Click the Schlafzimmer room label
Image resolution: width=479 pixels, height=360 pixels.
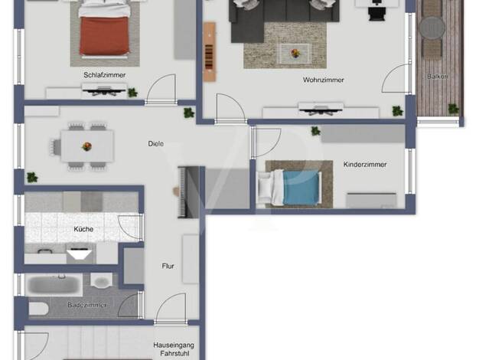click(x=105, y=75)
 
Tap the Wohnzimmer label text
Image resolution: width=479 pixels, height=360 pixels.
click(x=324, y=80)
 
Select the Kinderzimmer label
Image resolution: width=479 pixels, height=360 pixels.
click(x=365, y=164)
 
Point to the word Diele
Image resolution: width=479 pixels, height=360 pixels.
click(x=156, y=143)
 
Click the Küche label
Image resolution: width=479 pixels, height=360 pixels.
click(x=83, y=229)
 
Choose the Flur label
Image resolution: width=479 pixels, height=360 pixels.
click(x=168, y=266)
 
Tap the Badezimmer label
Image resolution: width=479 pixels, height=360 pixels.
click(x=87, y=305)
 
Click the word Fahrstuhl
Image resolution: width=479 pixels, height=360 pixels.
click(x=174, y=353)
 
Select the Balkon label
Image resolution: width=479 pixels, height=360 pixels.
click(x=438, y=77)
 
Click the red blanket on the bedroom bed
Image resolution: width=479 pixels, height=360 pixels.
click(x=104, y=36)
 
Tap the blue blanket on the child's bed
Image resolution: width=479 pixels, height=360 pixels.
click(x=301, y=188)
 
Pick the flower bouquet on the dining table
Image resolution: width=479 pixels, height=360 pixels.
click(x=87, y=146)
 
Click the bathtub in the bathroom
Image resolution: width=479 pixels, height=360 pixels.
click(x=54, y=285)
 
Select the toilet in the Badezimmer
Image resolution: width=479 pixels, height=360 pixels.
click(x=38, y=309)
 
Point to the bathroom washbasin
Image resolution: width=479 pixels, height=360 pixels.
click(x=102, y=280)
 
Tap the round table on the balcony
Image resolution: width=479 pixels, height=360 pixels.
click(x=432, y=28)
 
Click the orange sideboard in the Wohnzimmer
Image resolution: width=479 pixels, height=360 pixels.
click(x=210, y=51)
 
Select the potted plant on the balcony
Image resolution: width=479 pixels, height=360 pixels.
click(x=453, y=109)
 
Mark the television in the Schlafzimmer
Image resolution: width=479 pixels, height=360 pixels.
click(x=104, y=90)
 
